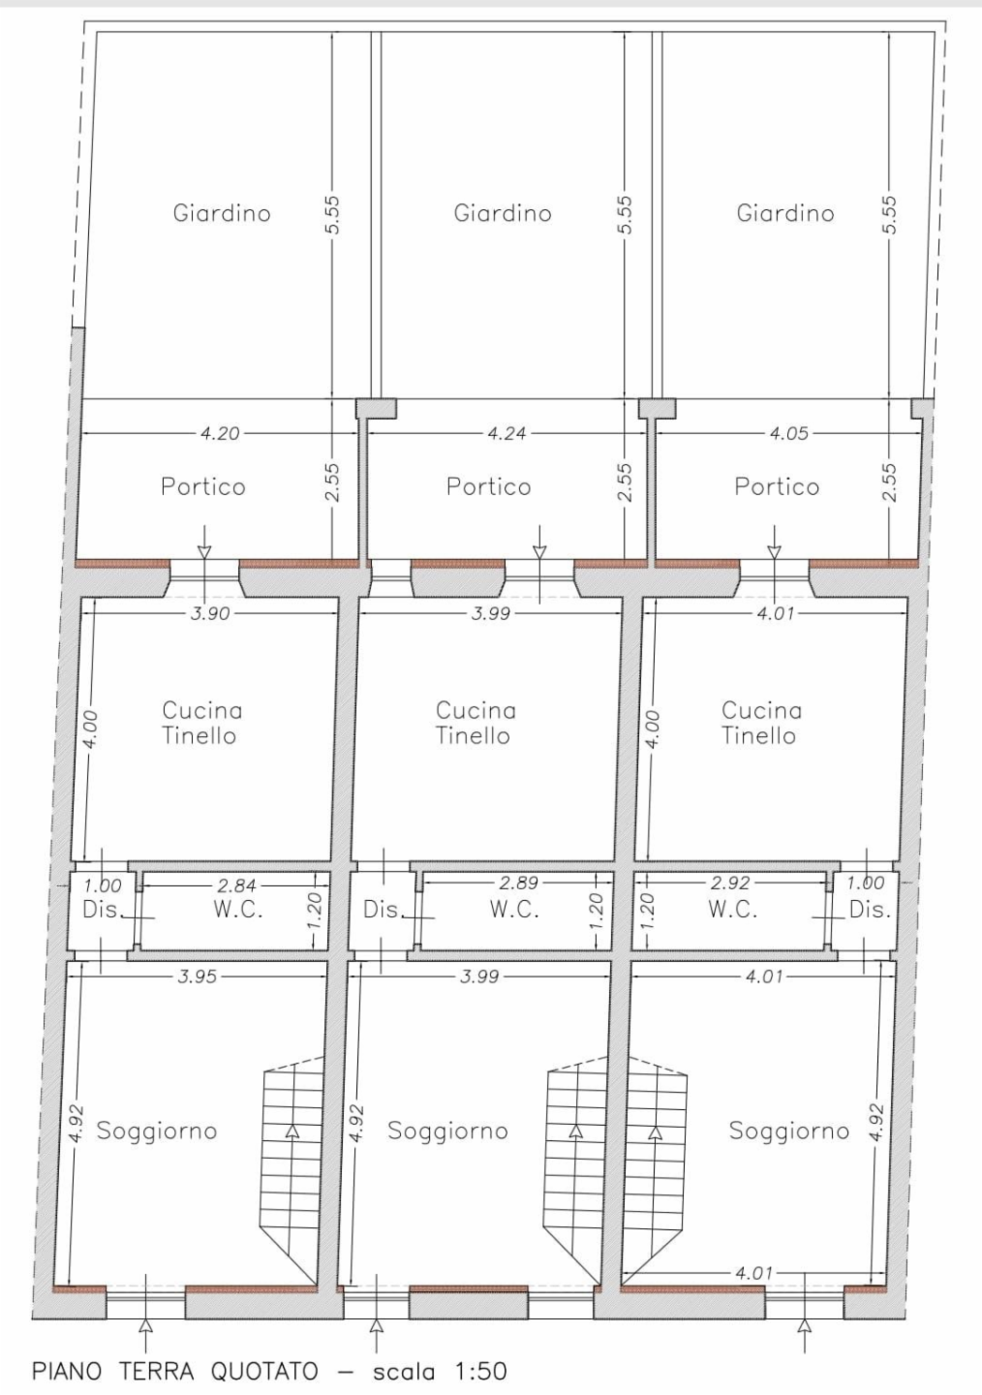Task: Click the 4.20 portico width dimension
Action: [x=220, y=433]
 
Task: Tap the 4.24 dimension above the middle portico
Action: [x=506, y=433]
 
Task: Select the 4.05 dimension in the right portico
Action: [x=789, y=433]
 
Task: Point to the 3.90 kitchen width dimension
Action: [x=210, y=613]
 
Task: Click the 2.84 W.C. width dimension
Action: [x=236, y=884]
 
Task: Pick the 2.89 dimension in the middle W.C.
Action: [x=519, y=883]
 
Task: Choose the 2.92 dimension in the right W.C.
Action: [x=730, y=883]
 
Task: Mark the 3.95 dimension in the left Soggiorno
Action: [x=198, y=976]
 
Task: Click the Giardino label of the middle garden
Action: [x=503, y=213]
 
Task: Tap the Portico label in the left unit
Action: [x=203, y=486]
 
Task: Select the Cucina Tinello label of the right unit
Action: [x=761, y=723]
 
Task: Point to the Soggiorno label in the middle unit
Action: [x=447, y=1131]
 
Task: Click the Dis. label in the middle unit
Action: [x=383, y=910]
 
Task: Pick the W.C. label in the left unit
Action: [x=238, y=910]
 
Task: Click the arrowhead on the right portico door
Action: [x=774, y=552]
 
